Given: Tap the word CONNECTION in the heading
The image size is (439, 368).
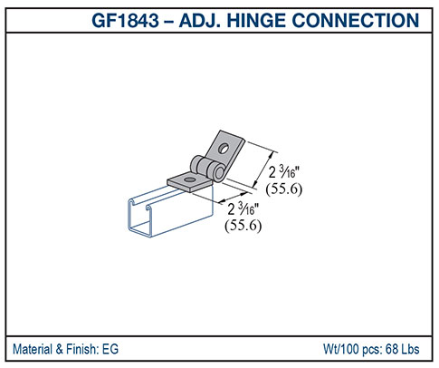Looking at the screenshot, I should (x=364, y=20).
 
